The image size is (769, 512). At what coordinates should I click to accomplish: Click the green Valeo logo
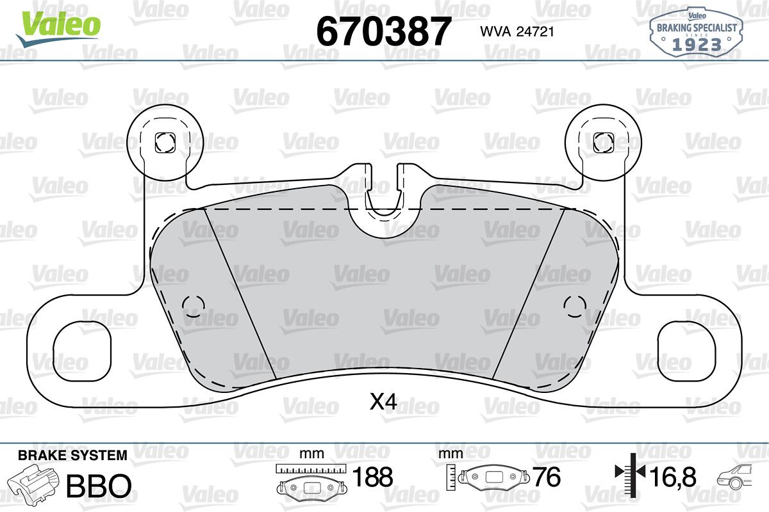click(58, 28)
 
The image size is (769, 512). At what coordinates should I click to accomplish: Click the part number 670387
click(383, 31)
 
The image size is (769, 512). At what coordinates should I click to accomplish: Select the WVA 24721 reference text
click(517, 32)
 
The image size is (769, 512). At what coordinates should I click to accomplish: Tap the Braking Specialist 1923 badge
click(697, 33)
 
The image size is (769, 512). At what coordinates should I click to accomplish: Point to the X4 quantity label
click(383, 401)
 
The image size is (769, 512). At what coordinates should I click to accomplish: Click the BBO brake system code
click(99, 486)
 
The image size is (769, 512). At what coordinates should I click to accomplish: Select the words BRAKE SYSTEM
click(72, 456)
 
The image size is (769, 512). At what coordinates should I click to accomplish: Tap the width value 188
click(373, 477)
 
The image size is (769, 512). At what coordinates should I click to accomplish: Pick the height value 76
click(547, 477)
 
